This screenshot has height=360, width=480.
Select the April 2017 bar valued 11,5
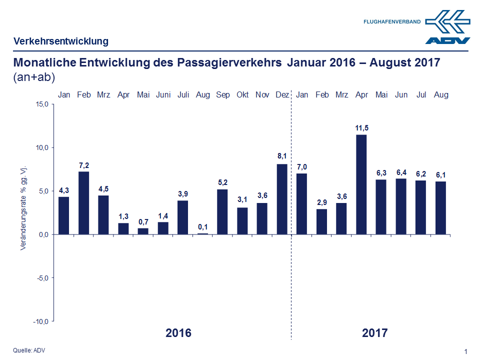361,184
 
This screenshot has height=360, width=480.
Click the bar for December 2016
282,199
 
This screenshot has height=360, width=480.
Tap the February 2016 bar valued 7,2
83,203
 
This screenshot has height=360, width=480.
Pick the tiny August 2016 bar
202,233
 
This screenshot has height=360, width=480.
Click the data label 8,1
282,156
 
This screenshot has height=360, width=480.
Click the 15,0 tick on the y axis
41,104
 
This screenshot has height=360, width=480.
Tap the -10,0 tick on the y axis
40,321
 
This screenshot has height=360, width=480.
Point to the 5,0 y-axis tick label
42,191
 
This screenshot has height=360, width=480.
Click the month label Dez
282,94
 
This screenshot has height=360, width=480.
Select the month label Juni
163,94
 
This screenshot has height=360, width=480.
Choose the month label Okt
242,94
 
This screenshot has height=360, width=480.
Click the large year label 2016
178,333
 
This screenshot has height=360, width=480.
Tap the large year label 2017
375,333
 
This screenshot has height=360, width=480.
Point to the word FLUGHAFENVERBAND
392,22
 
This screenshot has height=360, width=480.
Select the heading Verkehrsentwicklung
61,41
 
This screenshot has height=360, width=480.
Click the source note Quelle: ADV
28,350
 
